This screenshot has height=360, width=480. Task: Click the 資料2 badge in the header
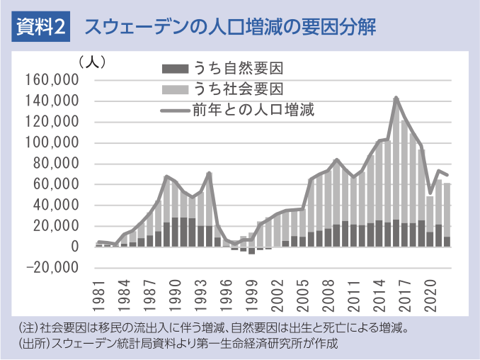pos(42,28)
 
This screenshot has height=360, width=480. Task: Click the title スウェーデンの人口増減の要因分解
pos(229,28)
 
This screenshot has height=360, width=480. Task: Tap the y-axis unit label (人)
pos(93,62)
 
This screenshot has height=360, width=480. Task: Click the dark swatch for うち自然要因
pos(176,69)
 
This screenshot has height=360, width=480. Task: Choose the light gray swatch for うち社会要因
pos(176,89)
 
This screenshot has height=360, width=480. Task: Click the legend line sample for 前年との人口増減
pos(176,110)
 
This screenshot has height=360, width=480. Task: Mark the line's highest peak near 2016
pos(396,97)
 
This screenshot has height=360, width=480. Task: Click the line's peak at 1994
pos(209,172)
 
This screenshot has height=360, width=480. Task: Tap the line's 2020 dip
pos(430,193)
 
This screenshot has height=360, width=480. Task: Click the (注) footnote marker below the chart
pos(25,329)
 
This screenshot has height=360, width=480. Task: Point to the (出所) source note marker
pos(28,344)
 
